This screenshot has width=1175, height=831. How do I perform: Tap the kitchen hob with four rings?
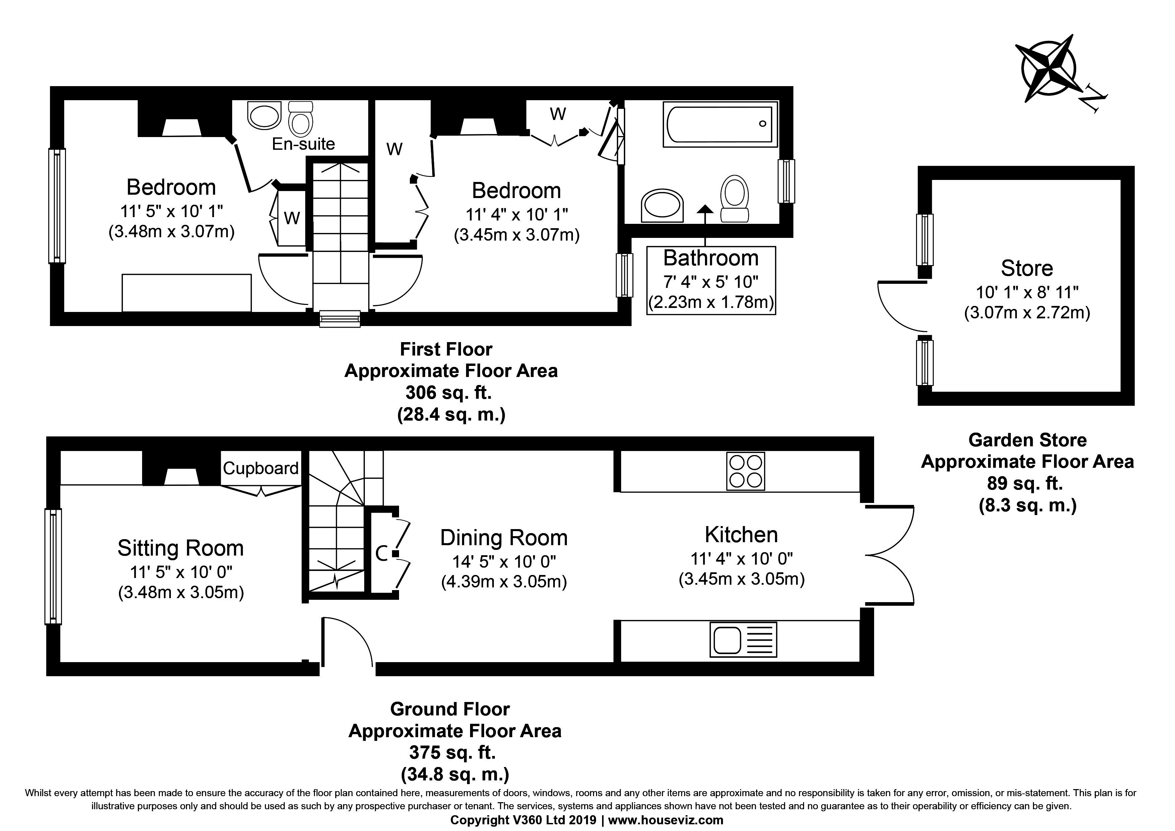click(x=745, y=471)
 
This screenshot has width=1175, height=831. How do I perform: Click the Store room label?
click(x=1027, y=268)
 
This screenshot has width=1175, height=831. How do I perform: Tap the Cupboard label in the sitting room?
click(x=260, y=468)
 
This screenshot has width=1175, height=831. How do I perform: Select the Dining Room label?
click(x=504, y=538)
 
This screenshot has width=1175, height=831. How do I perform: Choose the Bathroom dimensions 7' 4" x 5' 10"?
click(x=711, y=281)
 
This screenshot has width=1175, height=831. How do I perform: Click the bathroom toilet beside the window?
click(x=735, y=199)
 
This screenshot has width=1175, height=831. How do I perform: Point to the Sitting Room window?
click(x=53, y=566)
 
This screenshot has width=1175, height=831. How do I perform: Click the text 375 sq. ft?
click(x=452, y=752)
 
